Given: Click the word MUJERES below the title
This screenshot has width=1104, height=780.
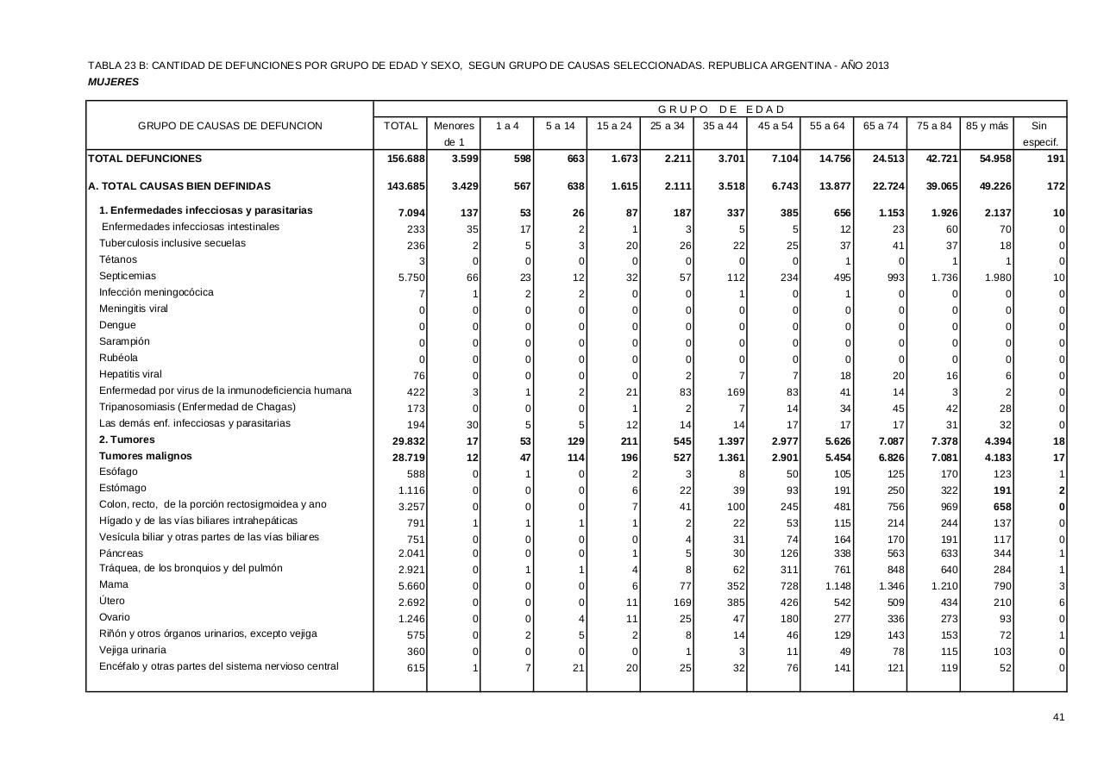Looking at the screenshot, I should click(113, 82).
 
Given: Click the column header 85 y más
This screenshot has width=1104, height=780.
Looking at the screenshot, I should click(987, 126).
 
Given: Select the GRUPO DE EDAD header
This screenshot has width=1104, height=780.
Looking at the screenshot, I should click(721, 109).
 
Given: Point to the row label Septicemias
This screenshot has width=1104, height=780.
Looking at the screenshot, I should click(128, 276).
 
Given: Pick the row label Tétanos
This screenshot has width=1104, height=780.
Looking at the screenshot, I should click(118, 259).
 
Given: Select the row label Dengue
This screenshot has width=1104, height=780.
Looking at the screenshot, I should click(117, 325).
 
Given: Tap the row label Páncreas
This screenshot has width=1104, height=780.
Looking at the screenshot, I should click(122, 553).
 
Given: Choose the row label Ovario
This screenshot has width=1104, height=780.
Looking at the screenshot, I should click(115, 617).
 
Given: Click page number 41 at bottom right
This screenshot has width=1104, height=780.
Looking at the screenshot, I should click(1058, 717).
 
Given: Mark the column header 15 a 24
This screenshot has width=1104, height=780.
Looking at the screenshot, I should click(614, 126).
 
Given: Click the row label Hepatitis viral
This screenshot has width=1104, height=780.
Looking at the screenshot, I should click(130, 374).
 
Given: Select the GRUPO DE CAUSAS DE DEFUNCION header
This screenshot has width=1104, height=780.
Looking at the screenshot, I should click(230, 126).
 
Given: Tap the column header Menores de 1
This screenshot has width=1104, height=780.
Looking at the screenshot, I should click(454, 134).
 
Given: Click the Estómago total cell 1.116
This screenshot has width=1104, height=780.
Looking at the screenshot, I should click(411, 490).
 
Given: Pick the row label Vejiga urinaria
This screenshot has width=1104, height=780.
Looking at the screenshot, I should click(133, 650).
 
